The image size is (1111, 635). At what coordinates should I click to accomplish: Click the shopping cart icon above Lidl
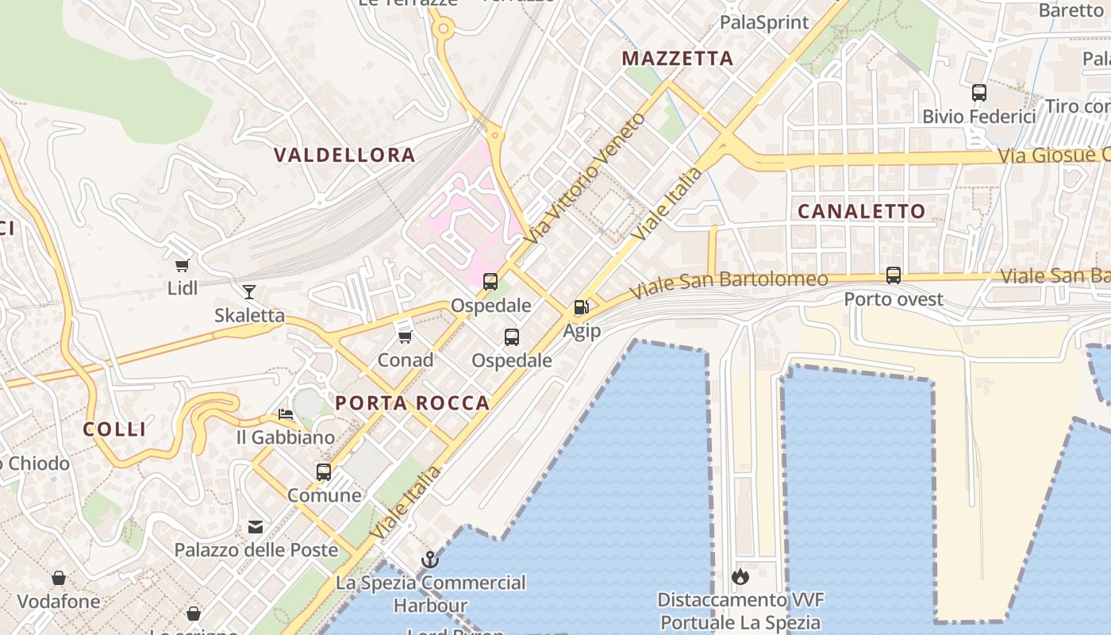[183, 265]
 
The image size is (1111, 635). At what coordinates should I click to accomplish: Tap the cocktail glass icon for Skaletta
[249, 291]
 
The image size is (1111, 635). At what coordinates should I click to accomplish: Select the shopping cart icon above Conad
[405, 337]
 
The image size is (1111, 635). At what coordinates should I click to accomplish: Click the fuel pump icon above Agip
[582, 307]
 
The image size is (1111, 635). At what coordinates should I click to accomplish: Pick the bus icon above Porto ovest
[894, 275]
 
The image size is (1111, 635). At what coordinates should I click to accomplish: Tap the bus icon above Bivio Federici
[979, 93]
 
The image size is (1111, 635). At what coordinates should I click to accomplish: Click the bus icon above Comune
[324, 472]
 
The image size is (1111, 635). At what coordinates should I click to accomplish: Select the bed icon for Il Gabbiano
[286, 414]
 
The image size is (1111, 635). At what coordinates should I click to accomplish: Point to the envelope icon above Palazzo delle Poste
[256, 526]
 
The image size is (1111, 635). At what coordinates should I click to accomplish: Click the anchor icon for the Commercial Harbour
[429, 560]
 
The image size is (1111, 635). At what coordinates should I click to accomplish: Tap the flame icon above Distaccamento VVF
[740, 576]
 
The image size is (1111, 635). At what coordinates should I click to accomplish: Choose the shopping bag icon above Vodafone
[59, 578]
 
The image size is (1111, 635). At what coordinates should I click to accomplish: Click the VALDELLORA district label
[344, 155]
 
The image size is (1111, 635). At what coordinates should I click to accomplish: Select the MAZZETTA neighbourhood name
[677, 58]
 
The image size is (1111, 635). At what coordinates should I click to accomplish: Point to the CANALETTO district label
[861, 211]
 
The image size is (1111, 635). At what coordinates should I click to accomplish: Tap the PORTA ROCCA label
[412, 403]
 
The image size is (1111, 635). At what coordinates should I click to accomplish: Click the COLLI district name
[115, 429]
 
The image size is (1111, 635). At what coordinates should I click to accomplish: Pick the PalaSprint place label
[764, 22]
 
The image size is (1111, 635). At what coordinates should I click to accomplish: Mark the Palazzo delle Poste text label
[256, 549]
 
